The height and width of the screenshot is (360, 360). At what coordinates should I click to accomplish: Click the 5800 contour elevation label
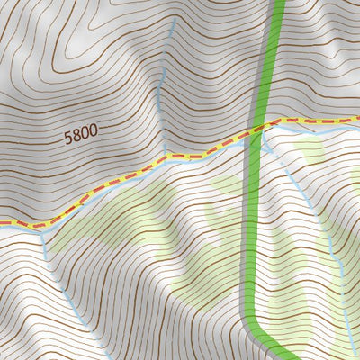click(81, 137)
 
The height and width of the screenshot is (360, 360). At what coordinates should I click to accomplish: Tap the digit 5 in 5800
click(68, 139)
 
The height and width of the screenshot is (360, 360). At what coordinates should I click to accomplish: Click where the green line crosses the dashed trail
click(255, 133)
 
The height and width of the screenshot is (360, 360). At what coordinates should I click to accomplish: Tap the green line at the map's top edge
click(278, 3)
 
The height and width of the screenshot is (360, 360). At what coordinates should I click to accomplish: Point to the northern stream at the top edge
click(174, 3)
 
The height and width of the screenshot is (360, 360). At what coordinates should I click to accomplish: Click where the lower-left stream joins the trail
click(41, 226)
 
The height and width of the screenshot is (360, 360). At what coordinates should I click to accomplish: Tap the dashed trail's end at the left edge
click(3, 222)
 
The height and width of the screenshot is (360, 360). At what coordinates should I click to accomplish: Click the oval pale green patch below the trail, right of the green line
click(310, 153)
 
